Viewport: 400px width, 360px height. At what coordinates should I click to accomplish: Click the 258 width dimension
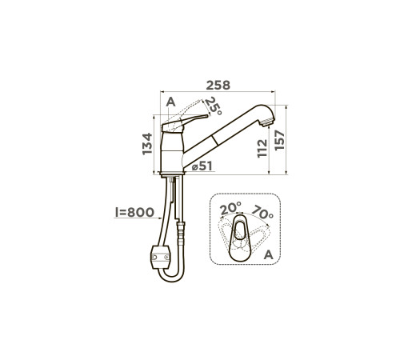click(x=218, y=86)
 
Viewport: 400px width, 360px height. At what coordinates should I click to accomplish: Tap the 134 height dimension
click(x=147, y=144)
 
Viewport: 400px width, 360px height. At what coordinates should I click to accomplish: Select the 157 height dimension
click(x=279, y=140)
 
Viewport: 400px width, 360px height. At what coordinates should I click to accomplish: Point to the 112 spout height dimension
click(x=262, y=148)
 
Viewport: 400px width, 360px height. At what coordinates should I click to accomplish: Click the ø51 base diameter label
click(x=202, y=166)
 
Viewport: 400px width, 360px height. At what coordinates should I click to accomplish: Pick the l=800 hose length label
click(x=134, y=212)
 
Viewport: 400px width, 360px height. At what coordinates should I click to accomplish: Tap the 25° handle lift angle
click(x=214, y=106)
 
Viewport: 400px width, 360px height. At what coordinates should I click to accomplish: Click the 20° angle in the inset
click(x=230, y=208)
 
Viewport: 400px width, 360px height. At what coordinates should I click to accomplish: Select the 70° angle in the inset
click(x=262, y=212)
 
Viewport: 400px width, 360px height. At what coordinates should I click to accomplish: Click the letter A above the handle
click(x=170, y=102)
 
